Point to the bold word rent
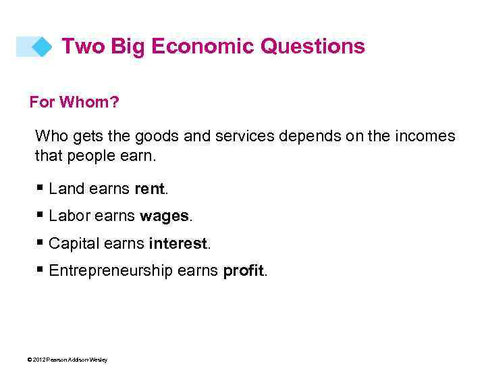point(149,189)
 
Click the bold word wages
point(165,216)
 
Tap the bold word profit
point(244,271)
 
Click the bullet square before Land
point(40,189)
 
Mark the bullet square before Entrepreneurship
point(40,270)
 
